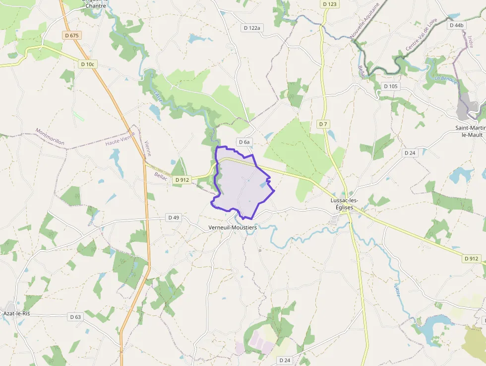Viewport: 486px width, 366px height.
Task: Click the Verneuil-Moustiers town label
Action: click(x=233, y=227)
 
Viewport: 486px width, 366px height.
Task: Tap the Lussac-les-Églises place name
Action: click(x=344, y=204)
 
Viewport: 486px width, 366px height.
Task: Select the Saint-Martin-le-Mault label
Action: click(x=470, y=131)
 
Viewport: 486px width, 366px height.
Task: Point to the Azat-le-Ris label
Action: click(x=17, y=313)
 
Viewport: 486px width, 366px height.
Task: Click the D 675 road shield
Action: click(x=72, y=35)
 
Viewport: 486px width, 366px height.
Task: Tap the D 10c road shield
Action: click(x=87, y=64)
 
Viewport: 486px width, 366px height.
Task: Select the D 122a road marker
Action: click(x=252, y=28)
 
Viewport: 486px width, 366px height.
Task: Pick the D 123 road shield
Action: click(x=329, y=4)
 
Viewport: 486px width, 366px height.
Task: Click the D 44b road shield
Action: click(x=456, y=25)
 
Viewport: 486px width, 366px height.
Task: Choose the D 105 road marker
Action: click(x=391, y=86)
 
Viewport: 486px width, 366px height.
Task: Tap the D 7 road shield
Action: click(x=323, y=123)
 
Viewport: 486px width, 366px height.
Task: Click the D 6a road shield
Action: click(x=244, y=142)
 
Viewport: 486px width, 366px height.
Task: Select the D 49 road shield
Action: click(x=173, y=217)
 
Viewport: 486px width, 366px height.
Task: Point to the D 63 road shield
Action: click(x=75, y=316)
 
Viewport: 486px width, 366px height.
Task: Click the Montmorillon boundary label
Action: click(x=50, y=137)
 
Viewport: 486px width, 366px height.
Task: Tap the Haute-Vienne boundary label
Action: click(x=120, y=142)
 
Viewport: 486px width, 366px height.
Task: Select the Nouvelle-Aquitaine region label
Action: click(x=364, y=20)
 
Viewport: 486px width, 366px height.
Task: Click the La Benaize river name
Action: click(x=445, y=79)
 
